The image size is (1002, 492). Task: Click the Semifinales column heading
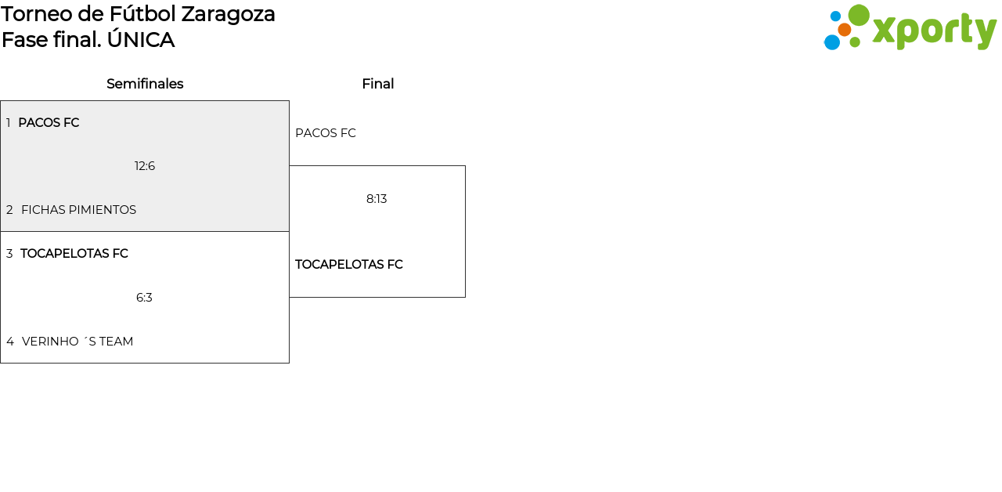point(145,84)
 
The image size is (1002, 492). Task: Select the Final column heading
point(377,84)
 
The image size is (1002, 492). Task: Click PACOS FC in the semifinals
point(49,123)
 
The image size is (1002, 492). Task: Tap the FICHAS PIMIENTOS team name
point(78,210)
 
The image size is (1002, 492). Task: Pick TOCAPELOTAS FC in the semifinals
point(74,254)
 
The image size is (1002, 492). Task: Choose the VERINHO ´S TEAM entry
point(77,342)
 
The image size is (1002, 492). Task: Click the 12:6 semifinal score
point(145,166)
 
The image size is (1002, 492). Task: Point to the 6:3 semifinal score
point(144,298)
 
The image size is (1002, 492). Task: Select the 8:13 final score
point(377,199)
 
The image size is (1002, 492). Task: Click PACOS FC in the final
point(326,133)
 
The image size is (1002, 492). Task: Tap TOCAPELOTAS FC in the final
point(349,265)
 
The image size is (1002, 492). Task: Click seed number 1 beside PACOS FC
point(9,123)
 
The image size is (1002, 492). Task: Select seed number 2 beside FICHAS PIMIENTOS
point(9,210)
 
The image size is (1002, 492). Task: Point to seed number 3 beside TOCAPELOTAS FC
point(9,254)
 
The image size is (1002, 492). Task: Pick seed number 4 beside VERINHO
point(10,342)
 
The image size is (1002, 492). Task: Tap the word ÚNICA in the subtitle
point(141,40)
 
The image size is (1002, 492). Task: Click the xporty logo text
point(934,31)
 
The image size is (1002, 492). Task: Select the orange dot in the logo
point(845,30)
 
